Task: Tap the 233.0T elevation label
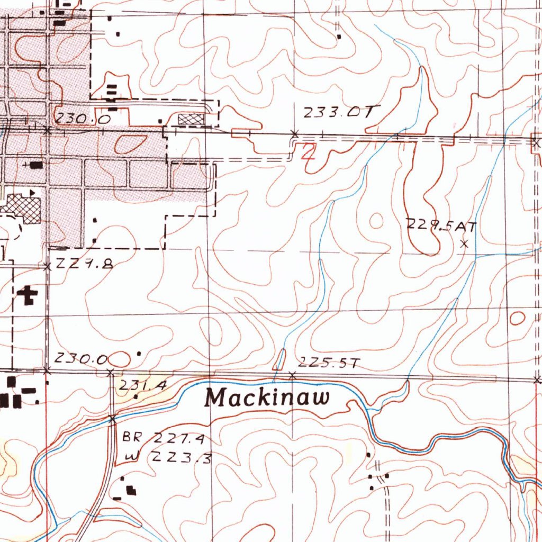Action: coord(341,112)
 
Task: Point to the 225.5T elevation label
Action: coord(329,363)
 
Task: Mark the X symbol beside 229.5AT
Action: coord(465,244)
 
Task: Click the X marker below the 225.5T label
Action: coord(293,375)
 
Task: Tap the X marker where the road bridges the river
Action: coord(112,420)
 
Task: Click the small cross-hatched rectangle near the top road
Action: coord(192,119)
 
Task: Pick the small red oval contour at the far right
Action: coord(517,318)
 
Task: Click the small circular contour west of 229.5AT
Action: coord(376,220)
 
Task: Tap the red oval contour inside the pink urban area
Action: coord(130,142)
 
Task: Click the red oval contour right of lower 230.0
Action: coord(120,359)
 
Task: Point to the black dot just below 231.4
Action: coord(136,396)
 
